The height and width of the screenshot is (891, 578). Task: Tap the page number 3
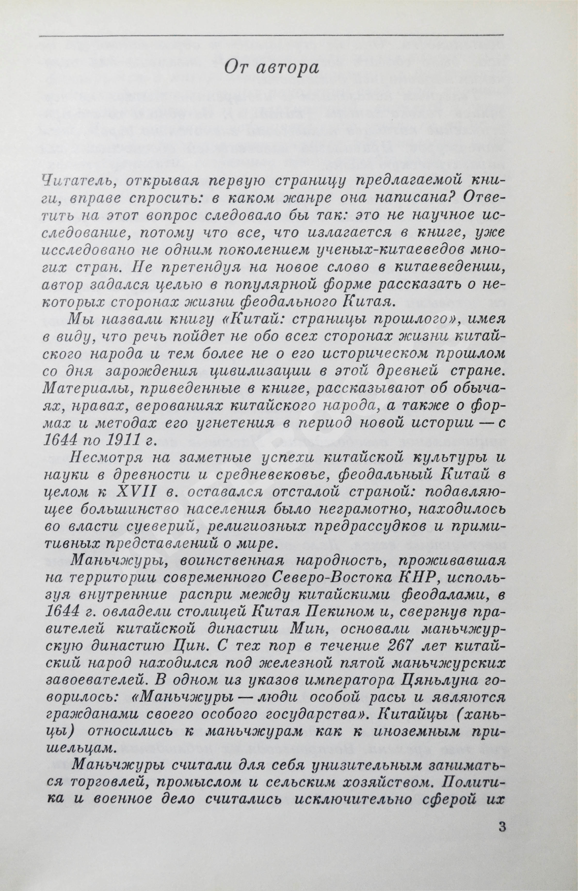coord(502,844)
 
